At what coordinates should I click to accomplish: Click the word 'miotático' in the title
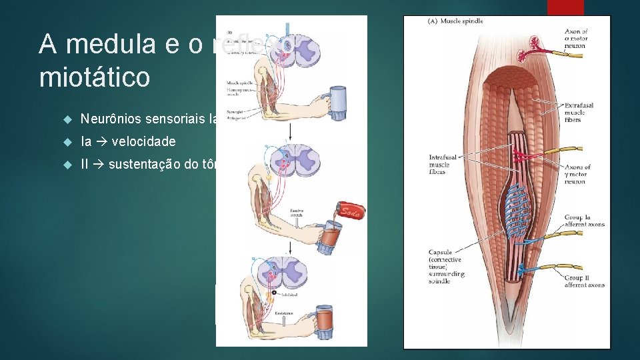point(95,77)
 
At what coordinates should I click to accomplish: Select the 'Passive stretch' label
point(297,213)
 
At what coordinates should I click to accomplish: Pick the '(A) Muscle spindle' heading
point(455,21)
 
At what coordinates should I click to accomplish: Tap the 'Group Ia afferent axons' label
point(585,221)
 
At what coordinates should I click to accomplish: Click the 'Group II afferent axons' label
point(585,281)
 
